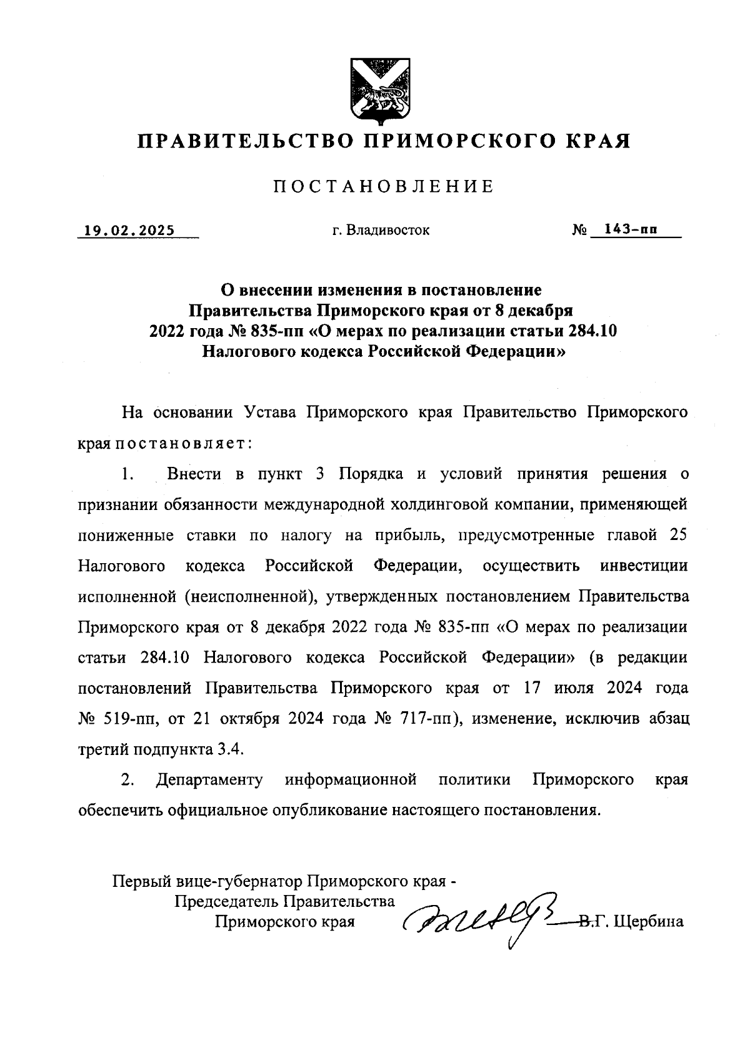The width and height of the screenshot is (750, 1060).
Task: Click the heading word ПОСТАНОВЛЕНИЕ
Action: (383, 186)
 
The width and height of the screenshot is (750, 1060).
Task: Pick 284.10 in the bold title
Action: (592, 331)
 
